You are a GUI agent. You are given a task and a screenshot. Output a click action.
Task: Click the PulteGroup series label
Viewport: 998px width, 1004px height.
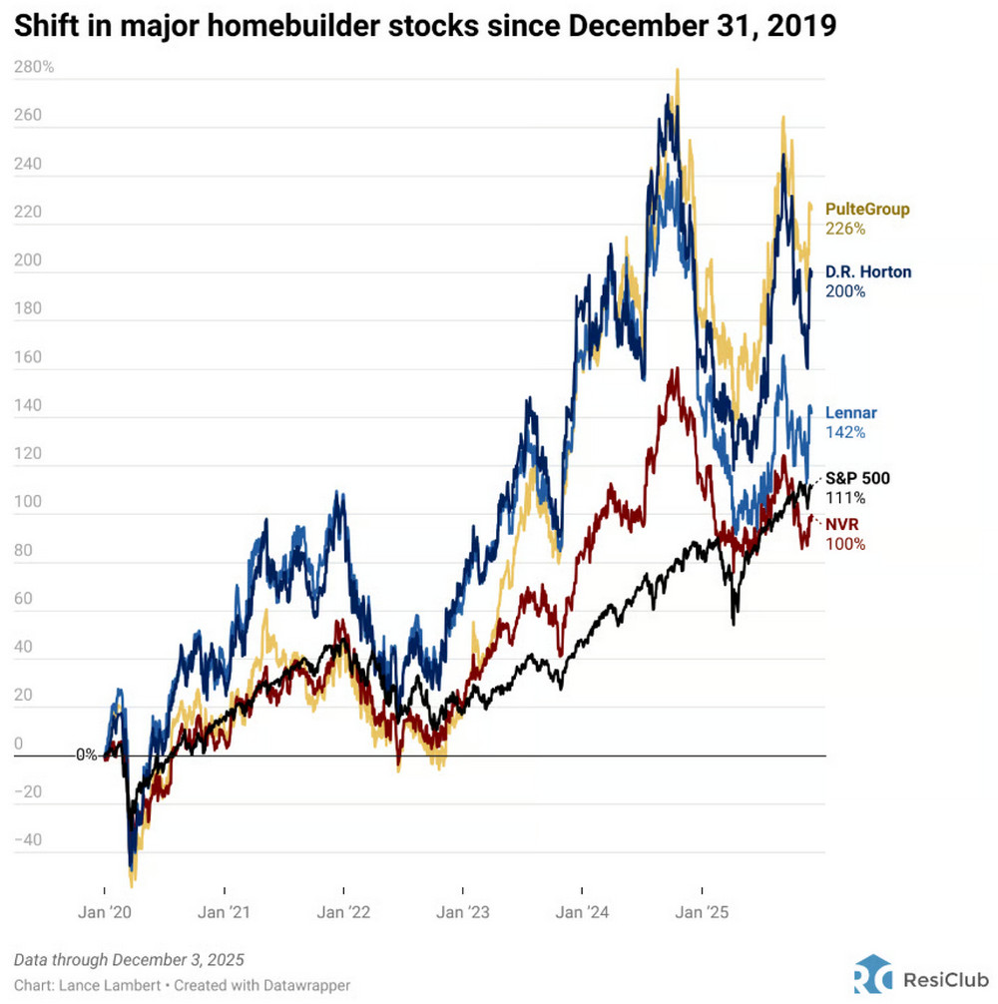pos(867,210)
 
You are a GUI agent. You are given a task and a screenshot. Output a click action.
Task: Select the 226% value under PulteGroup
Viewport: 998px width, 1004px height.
pos(845,229)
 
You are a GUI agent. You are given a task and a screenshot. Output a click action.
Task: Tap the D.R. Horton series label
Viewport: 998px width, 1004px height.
pos(867,271)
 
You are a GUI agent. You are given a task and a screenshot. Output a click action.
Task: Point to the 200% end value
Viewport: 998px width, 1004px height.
pos(845,291)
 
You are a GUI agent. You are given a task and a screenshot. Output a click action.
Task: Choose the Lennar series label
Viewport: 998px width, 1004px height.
pos(851,413)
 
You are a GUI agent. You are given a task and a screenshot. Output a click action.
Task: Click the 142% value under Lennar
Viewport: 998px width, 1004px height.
pos(844,433)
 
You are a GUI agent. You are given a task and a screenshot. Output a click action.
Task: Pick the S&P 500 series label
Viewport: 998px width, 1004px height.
pos(857,479)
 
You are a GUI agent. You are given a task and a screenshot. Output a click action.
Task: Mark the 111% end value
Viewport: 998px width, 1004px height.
pos(844,498)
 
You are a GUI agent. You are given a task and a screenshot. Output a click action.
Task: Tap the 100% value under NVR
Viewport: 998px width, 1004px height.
pos(845,544)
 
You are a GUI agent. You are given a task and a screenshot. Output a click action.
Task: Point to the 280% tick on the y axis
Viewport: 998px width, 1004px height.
pos(35,68)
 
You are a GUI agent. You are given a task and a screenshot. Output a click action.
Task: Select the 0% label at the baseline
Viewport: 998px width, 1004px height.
pos(87,755)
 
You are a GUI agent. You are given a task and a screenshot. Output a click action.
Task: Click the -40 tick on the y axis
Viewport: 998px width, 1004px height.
pos(30,839)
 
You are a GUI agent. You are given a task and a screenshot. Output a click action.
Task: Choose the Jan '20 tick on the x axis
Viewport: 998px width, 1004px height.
pos(105,912)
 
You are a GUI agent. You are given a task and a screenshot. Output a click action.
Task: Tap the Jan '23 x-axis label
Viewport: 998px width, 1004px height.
pos(463,912)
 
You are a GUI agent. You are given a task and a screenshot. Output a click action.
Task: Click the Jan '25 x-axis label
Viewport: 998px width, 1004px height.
pos(703,912)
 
